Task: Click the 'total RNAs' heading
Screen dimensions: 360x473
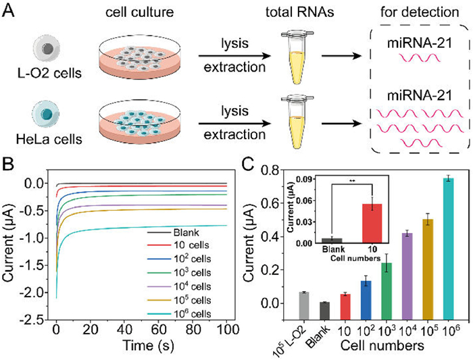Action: click(x=293, y=14)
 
